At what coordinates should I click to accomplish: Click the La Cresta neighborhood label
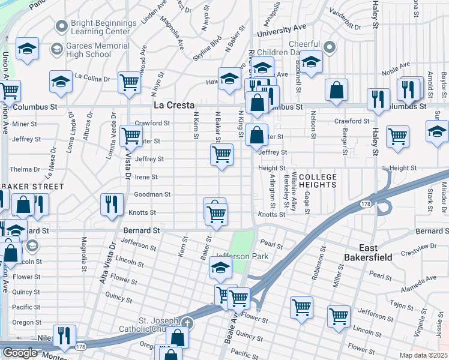[175, 105]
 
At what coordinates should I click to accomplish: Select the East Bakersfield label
[384, 253]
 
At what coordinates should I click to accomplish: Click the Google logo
[19, 353]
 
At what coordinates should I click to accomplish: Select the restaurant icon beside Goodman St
[112, 204]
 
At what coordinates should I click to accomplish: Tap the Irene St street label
[146, 177]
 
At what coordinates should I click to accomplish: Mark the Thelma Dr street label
[24, 169]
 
